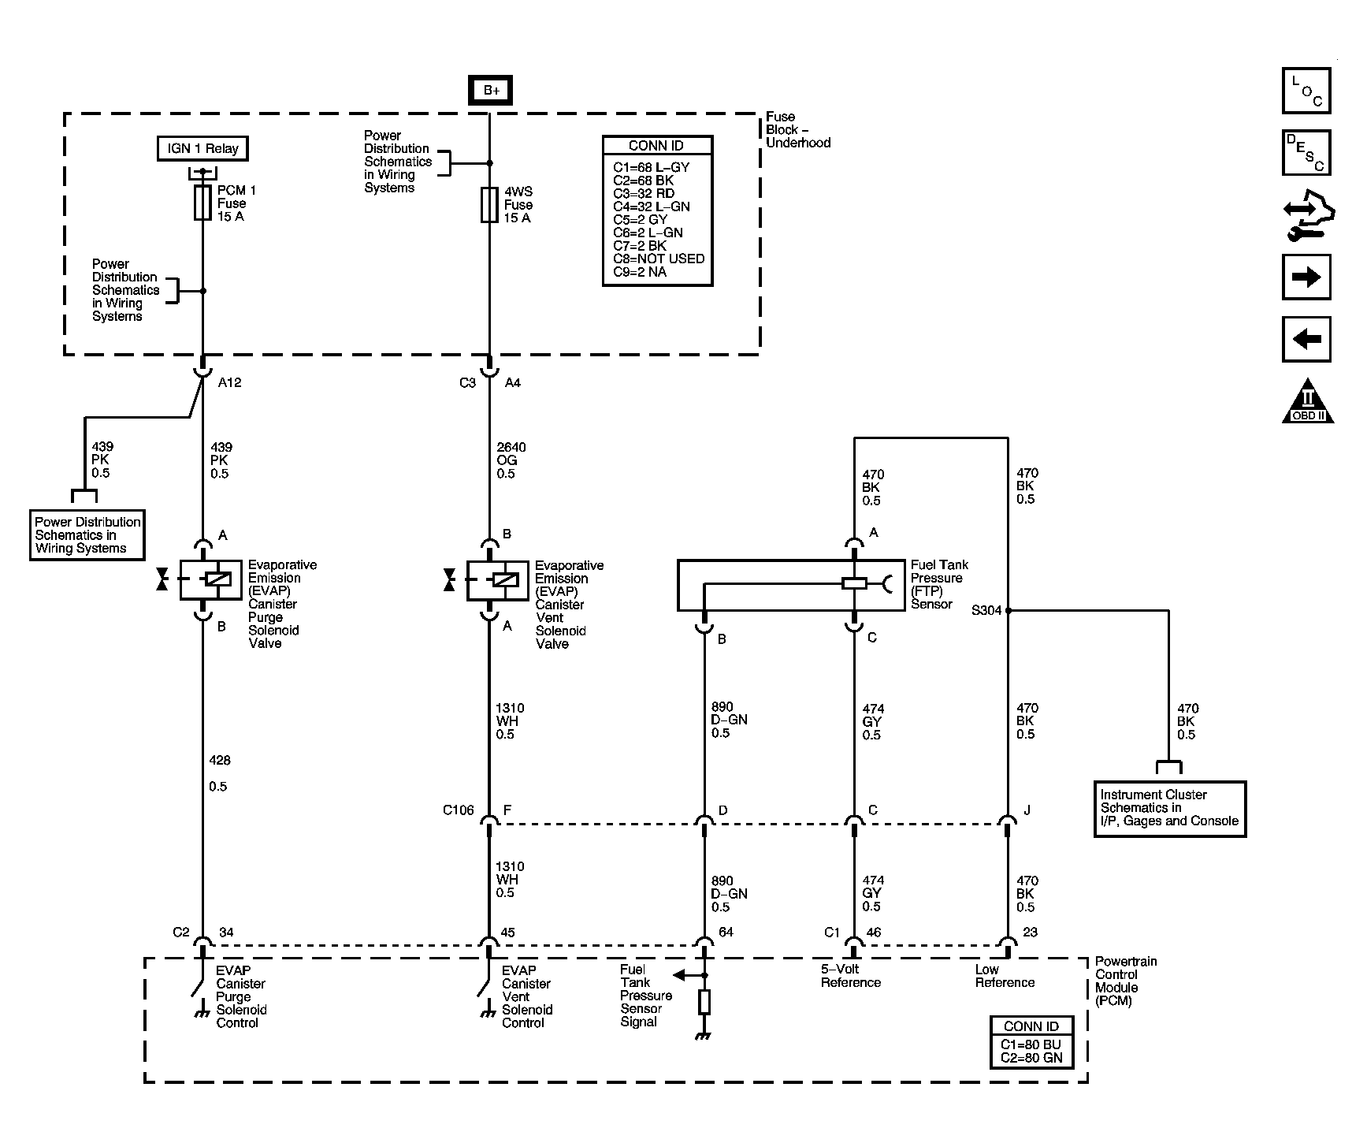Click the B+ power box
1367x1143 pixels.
tap(491, 91)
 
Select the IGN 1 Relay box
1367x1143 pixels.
tap(202, 148)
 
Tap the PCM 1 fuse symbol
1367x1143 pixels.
tap(202, 203)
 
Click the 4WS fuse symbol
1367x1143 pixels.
tap(489, 205)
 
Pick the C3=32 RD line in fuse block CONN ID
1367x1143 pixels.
tap(643, 193)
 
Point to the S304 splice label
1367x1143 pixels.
tap(986, 610)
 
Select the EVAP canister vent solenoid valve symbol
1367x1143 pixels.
tap(497, 580)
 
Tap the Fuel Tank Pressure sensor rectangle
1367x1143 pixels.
tap(790, 585)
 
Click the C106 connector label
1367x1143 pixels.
tap(459, 810)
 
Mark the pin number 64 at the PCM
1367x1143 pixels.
tap(726, 933)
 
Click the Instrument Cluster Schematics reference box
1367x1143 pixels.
tap(1169, 808)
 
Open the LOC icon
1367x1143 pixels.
tap(1306, 91)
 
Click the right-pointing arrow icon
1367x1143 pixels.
tap(1306, 277)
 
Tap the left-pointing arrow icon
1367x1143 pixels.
tap(1306, 339)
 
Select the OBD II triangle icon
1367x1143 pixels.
tap(1308, 403)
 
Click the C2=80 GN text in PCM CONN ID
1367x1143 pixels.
tap(1031, 1058)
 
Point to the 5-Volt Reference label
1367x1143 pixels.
tap(850, 976)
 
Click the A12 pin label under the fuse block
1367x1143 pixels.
tap(229, 383)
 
